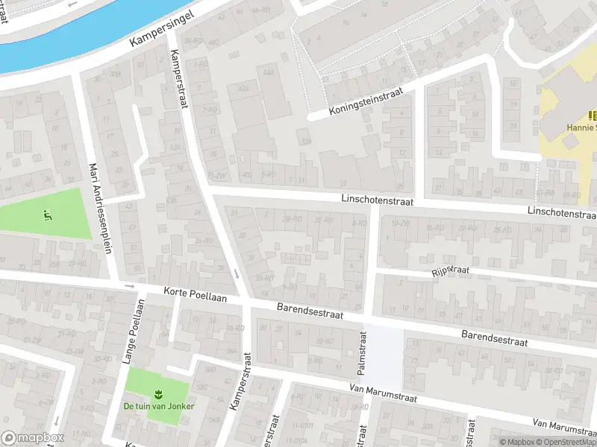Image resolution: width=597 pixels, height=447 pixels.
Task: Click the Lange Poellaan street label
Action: (x=131, y=332)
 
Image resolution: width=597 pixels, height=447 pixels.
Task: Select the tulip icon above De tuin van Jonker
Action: (x=157, y=393)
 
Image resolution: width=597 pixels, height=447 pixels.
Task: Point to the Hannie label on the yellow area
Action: (x=581, y=127)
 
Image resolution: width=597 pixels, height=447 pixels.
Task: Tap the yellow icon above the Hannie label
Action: (x=592, y=115)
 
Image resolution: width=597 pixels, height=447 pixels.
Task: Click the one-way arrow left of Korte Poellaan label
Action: (x=130, y=286)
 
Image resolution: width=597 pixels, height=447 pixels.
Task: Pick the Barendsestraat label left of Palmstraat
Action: (x=310, y=311)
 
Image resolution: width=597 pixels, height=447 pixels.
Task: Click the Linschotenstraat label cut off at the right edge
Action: (x=561, y=213)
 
